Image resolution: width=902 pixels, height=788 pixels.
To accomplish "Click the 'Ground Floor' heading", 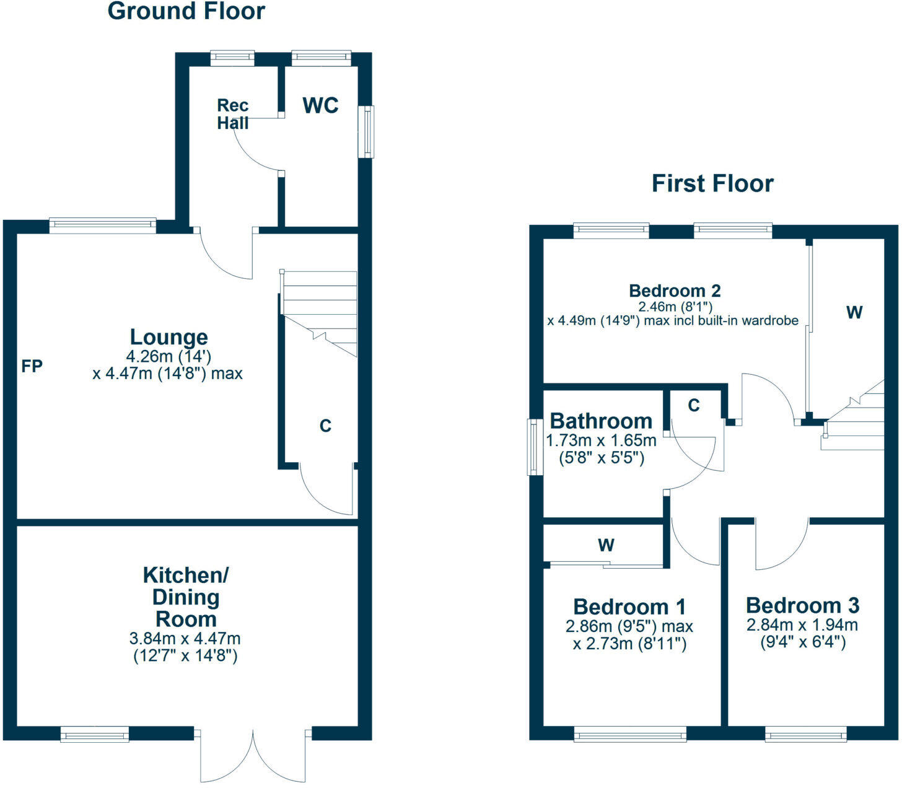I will point(186,11).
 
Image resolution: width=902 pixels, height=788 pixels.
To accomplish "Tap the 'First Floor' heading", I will point(712,183).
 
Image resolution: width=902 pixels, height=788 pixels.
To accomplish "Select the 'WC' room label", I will point(320,105).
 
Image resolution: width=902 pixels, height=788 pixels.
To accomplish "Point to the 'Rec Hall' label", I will point(233,115).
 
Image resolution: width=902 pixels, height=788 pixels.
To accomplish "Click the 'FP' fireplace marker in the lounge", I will point(32,367).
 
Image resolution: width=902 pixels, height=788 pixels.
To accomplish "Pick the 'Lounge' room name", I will point(169,337).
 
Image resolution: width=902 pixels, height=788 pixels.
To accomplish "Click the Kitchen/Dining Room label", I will point(186,597).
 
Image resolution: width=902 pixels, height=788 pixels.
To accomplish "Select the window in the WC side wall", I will point(369,131).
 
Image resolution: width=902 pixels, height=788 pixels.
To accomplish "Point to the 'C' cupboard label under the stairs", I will point(325,426).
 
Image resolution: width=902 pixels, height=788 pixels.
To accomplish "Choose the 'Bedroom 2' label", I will point(675,291).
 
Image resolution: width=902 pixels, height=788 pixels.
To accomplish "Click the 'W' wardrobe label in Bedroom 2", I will point(854,312).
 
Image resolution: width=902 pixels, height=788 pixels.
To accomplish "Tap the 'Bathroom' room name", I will point(601,421).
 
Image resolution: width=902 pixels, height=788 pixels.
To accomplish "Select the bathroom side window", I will point(532,447).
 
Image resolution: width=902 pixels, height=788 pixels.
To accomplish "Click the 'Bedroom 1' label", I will point(629,606).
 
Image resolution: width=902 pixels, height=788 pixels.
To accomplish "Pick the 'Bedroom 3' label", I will point(802,605).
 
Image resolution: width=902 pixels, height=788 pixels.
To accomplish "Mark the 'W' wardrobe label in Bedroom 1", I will point(606,545).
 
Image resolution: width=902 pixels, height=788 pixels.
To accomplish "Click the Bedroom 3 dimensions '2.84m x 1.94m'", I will point(802,624).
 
